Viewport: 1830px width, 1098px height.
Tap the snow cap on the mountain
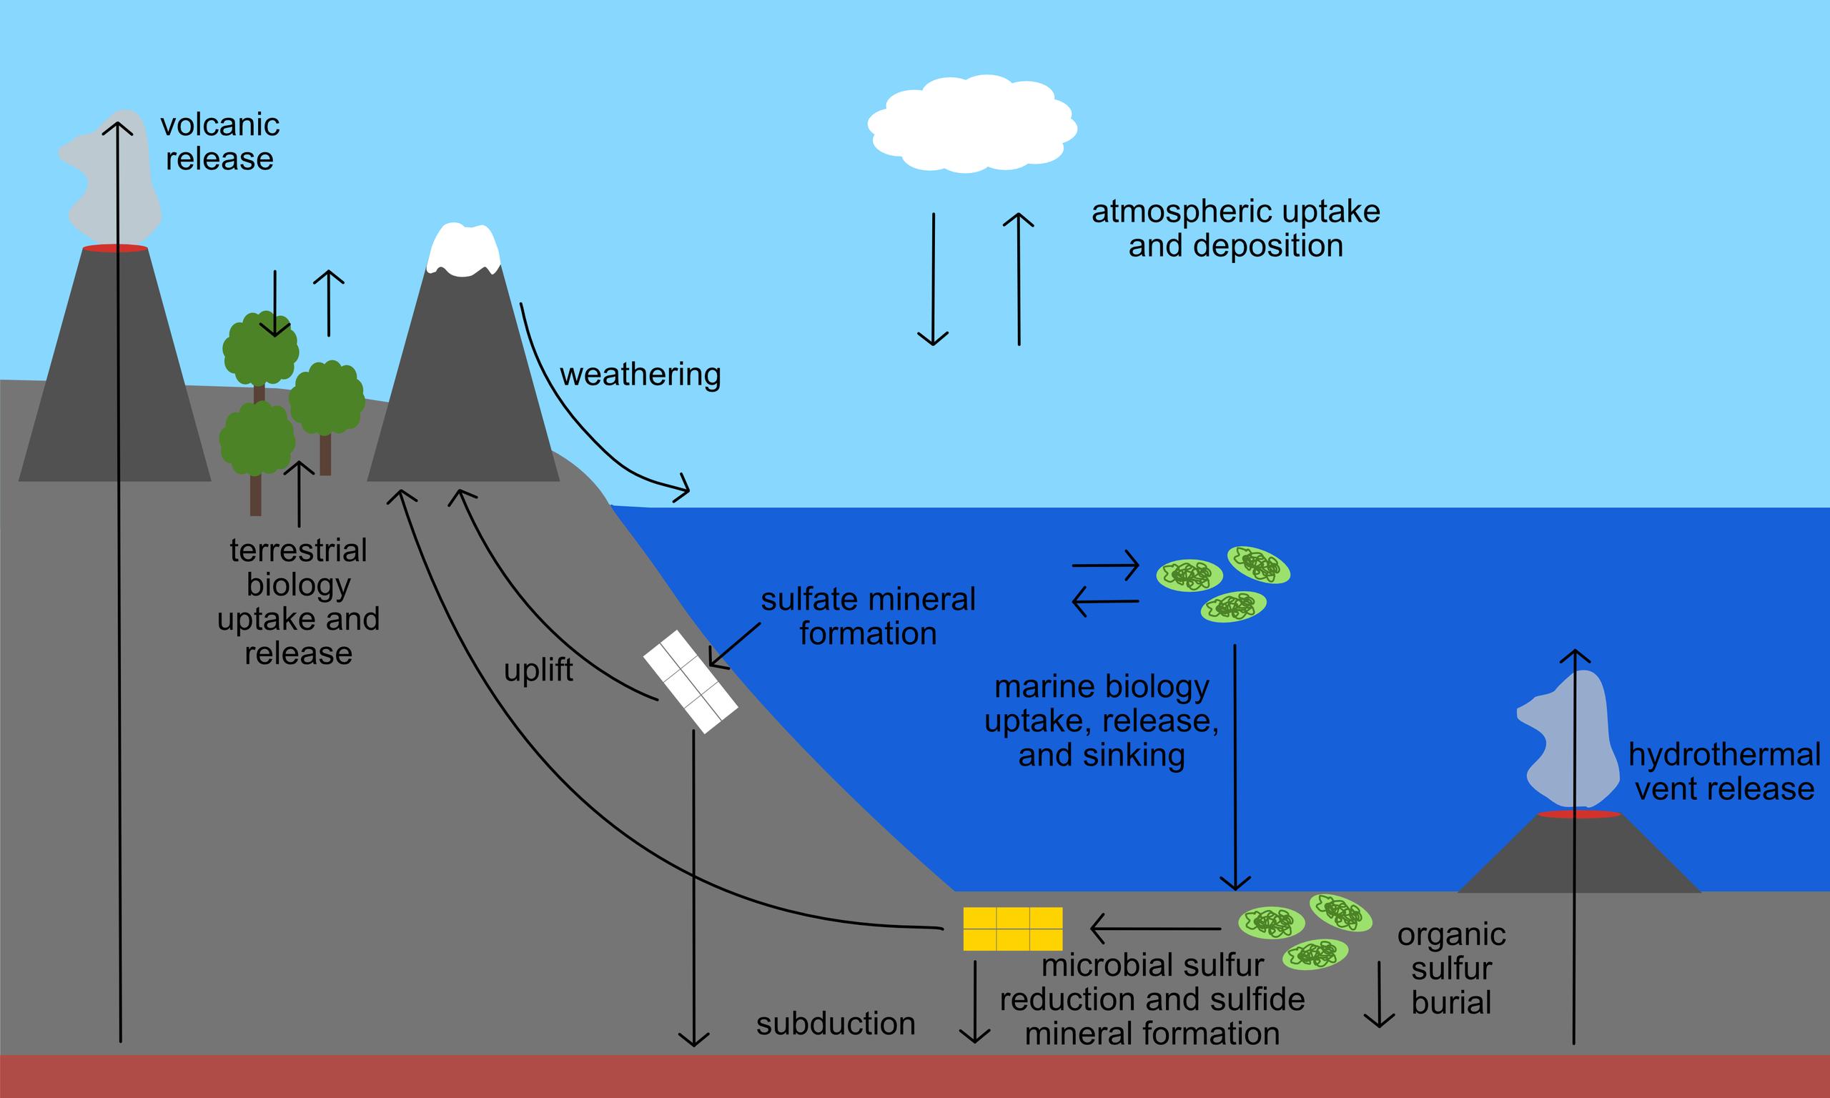point(464,250)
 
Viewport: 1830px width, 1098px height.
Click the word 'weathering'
point(640,375)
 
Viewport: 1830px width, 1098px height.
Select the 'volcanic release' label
point(219,142)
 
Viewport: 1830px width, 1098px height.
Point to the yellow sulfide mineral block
point(1012,928)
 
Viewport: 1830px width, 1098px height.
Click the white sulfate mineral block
point(690,681)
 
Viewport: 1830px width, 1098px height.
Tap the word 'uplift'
point(538,670)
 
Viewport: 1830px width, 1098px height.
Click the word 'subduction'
point(835,1024)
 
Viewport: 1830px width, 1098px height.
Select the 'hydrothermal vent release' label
point(1724,772)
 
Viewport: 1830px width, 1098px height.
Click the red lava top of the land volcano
point(114,248)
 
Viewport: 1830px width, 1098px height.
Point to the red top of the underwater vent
point(1578,815)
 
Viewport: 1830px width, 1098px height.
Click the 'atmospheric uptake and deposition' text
point(1235,228)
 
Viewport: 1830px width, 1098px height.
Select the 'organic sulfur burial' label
point(1450,969)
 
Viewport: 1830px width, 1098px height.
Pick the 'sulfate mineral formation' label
point(868,616)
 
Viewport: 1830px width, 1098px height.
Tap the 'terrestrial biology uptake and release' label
point(298,601)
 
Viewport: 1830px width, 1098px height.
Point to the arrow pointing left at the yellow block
point(1154,928)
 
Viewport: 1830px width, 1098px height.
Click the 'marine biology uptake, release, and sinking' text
point(1102,721)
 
